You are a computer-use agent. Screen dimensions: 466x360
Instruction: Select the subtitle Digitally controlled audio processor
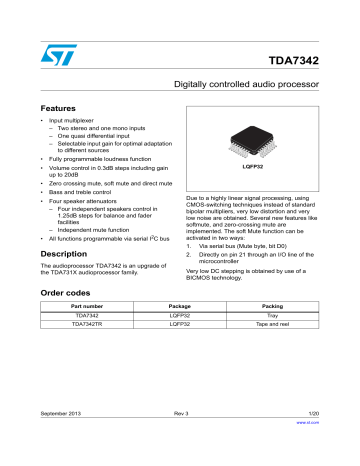coord(258,88)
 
